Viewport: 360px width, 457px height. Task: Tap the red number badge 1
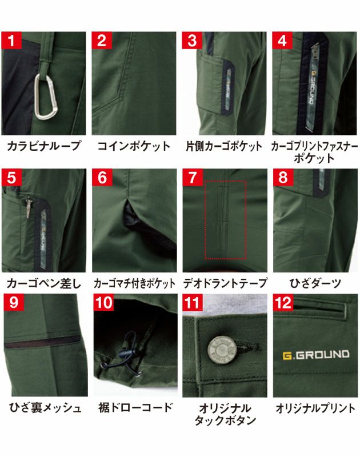pos(12,41)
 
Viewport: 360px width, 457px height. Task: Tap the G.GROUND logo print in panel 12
pos(315,354)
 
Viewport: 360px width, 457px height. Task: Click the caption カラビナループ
pos(44,146)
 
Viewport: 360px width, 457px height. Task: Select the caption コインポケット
pos(134,146)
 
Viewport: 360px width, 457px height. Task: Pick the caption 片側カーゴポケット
pos(225,146)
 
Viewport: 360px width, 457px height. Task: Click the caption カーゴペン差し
pos(44,283)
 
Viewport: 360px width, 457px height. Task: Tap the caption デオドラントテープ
pos(225,283)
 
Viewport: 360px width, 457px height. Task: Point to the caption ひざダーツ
pos(315,283)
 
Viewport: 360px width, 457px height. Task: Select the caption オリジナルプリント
pos(315,408)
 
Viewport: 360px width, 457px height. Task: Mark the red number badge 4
pos(283,41)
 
